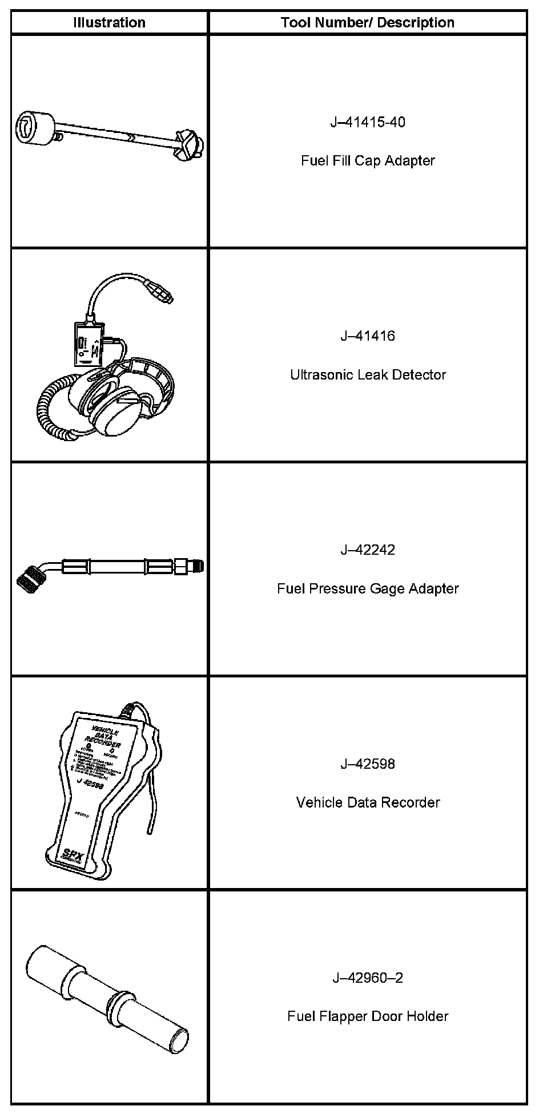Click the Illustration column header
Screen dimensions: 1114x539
point(109,23)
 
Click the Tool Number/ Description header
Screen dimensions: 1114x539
point(368,23)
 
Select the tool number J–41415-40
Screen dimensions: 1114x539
point(368,122)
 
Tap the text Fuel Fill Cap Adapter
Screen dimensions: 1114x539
point(368,160)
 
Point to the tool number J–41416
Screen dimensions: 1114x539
point(368,336)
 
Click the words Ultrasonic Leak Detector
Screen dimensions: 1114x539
point(368,375)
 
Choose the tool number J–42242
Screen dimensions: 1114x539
point(368,550)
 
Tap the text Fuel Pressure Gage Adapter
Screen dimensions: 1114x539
point(368,588)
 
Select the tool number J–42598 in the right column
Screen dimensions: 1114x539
point(368,764)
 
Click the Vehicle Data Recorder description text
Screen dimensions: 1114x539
point(368,802)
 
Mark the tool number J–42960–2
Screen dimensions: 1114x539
point(368,978)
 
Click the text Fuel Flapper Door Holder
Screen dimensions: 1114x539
point(368,1016)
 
